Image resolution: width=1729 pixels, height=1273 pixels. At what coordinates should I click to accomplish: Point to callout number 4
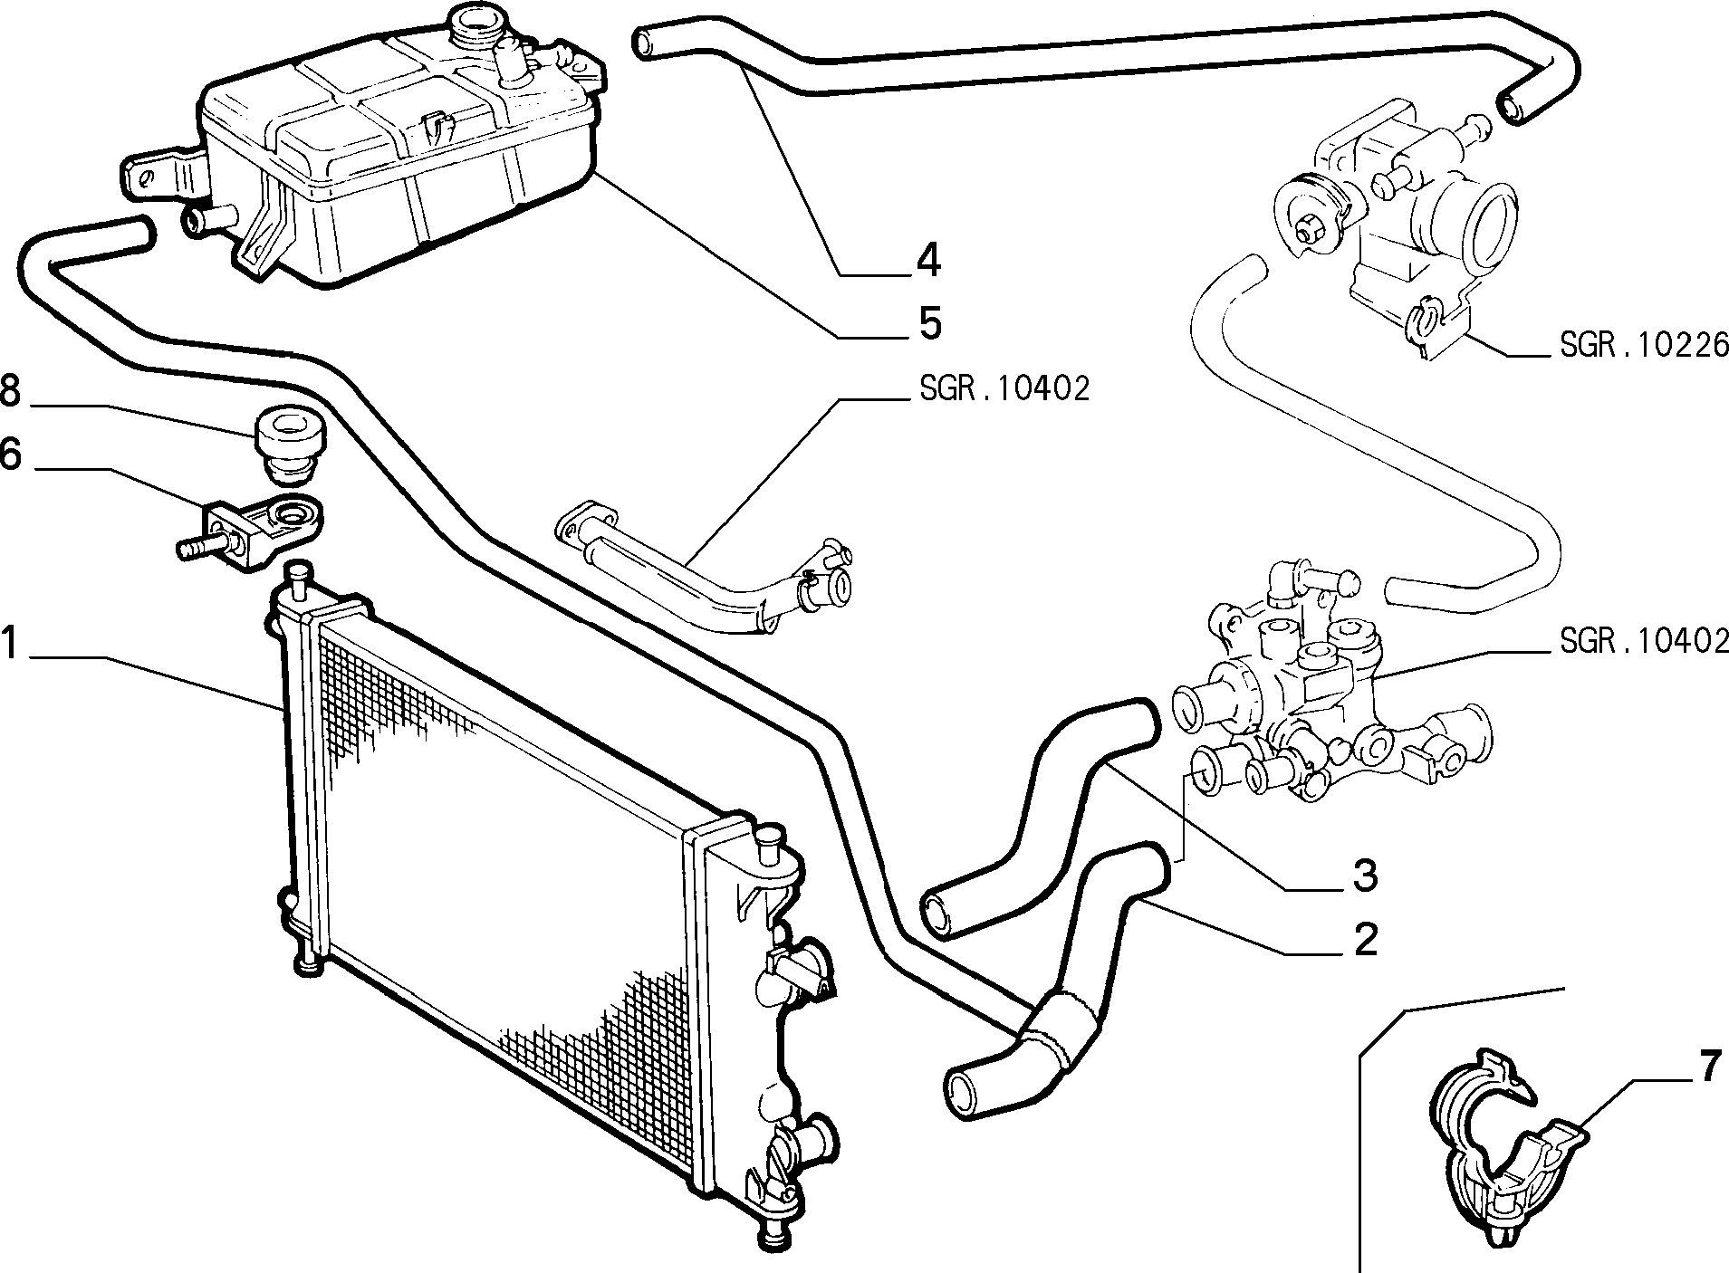click(927, 261)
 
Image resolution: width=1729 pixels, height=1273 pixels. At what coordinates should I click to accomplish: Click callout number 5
click(928, 323)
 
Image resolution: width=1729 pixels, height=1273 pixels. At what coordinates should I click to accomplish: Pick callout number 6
click(10, 455)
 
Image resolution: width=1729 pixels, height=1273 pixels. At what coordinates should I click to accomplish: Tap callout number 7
click(1707, 1068)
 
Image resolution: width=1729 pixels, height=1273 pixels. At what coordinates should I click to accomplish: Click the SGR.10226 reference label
click(1643, 345)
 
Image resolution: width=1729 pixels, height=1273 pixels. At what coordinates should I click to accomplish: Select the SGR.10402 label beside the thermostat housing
click(1643, 642)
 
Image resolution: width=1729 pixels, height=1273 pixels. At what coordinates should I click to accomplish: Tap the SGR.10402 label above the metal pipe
click(1003, 389)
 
